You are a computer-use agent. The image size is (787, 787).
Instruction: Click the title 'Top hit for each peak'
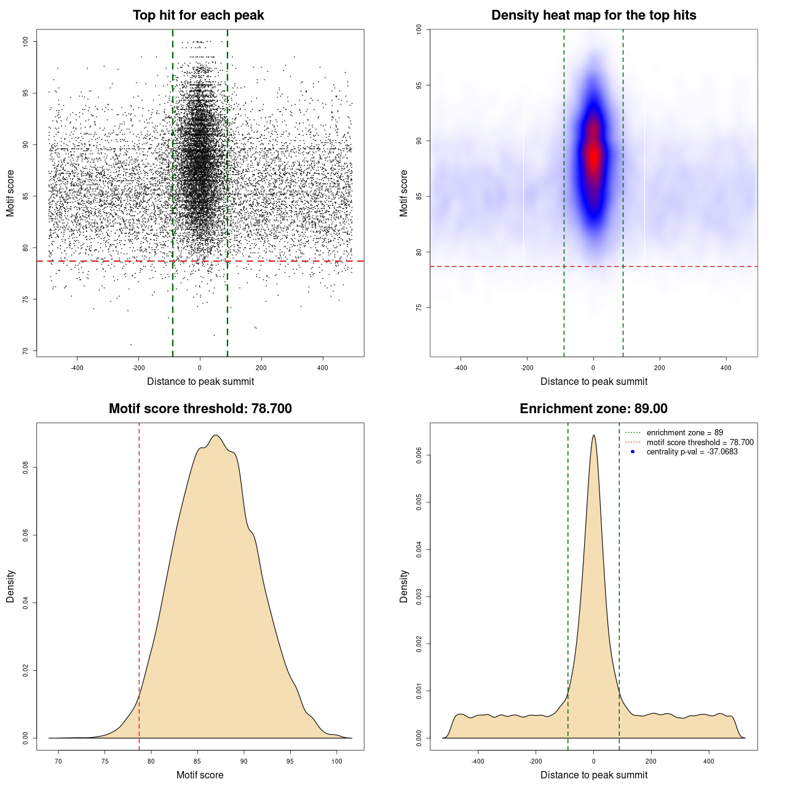point(198,15)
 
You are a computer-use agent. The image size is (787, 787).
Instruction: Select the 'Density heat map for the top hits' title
point(593,15)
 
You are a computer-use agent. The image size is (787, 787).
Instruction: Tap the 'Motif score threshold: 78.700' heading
point(200,409)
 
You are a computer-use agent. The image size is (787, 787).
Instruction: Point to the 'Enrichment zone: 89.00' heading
point(593,409)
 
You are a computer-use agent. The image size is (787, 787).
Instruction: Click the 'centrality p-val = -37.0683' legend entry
point(692,452)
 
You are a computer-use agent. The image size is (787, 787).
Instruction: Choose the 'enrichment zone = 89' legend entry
point(684,433)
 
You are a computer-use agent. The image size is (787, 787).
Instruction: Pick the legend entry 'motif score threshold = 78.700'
point(700,443)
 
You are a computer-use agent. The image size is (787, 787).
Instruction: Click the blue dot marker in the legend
point(633,452)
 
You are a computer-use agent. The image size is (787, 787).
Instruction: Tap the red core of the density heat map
point(593,157)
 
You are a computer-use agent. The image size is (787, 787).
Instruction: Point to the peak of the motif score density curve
point(216,435)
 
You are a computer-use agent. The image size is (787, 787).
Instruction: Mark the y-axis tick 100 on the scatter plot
point(25,41)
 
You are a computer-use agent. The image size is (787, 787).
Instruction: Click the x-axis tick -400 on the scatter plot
point(77,368)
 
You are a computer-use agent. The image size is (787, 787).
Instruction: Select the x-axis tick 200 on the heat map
point(660,368)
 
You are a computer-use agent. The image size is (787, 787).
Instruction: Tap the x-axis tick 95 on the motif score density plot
point(290,761)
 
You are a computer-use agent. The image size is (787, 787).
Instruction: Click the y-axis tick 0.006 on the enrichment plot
point(419,455)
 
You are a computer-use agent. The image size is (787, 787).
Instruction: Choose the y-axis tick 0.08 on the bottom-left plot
point(25,468)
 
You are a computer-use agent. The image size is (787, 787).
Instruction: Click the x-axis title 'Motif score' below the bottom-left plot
point(200,775)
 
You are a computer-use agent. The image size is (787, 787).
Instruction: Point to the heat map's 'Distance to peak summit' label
point(593,381)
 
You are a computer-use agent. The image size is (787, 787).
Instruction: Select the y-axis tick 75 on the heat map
point(419,307)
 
